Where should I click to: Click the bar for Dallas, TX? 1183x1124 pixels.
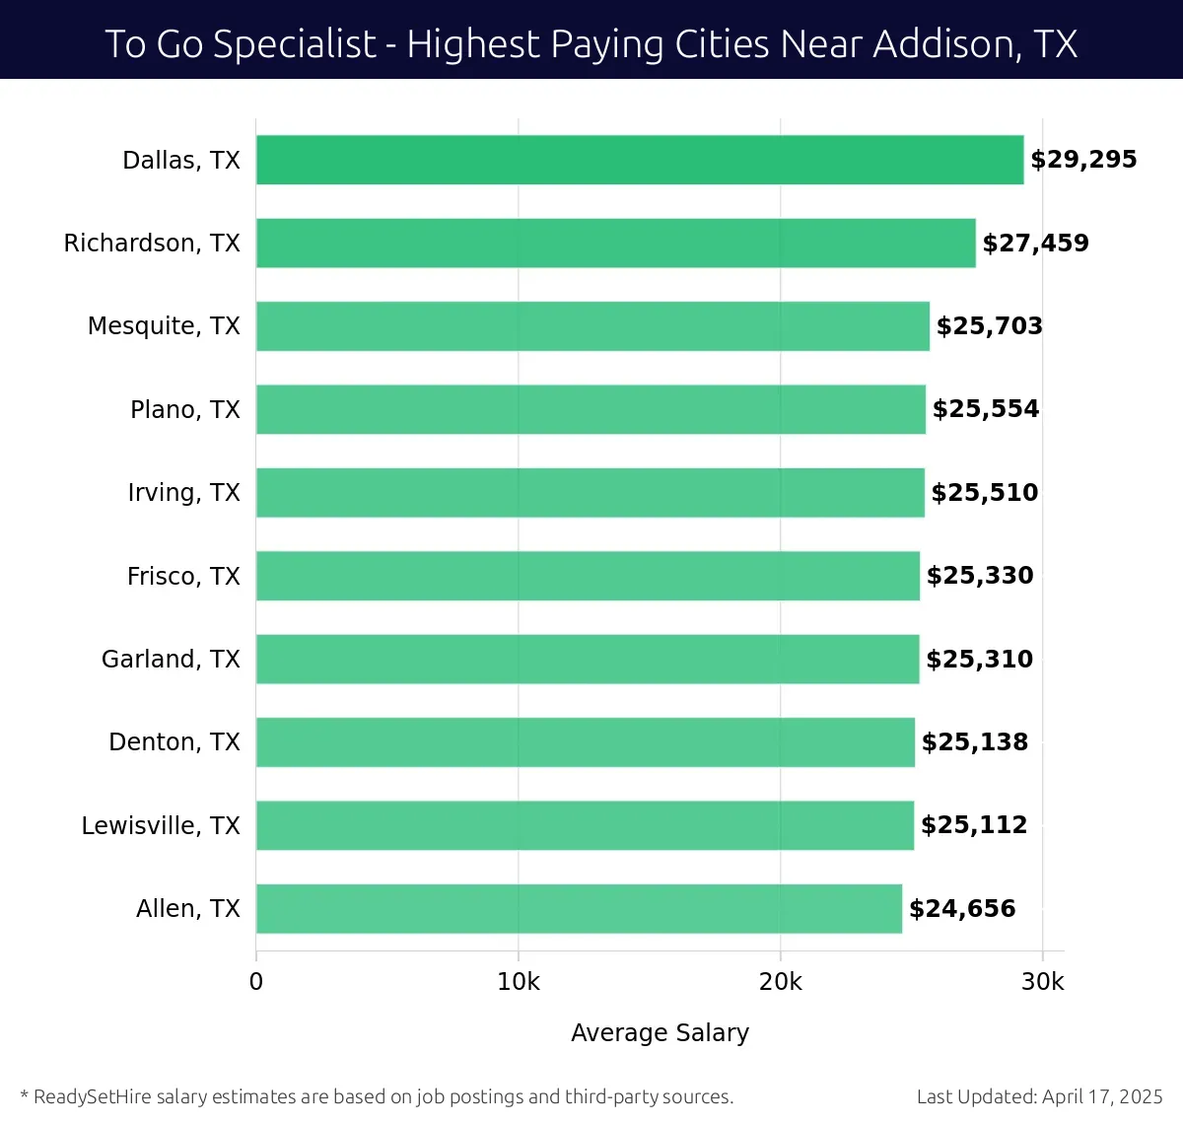coord(640,160)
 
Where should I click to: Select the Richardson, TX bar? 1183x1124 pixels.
coord(615,243)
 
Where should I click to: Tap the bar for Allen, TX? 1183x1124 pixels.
coord(579,908)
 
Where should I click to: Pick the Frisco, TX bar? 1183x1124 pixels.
coord(588,576)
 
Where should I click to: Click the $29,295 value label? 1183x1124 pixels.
coord(1083,160)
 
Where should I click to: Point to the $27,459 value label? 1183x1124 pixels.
coord(1035,244)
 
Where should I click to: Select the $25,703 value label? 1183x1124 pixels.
coord(989,326)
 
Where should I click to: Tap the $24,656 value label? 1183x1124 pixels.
coord(962,909)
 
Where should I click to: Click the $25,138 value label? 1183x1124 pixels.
coord(974,742)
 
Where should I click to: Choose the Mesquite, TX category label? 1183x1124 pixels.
coord(164,326)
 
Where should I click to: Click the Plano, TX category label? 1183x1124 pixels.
coord(185,409)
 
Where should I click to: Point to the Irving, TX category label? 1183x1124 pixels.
coord(183,493)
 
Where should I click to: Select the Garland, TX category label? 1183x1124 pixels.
coord(171,659)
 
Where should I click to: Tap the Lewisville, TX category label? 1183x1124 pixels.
coord(161,825)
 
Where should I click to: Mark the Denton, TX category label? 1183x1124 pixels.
coord(174,742)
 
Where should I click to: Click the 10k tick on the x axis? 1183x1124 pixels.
coord(519,982)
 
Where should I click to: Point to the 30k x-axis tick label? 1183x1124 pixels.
coord(1043,982)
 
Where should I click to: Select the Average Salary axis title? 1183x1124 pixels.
coord(660,1032)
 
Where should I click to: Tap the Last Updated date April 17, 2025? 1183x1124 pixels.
coord(1102,1096)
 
